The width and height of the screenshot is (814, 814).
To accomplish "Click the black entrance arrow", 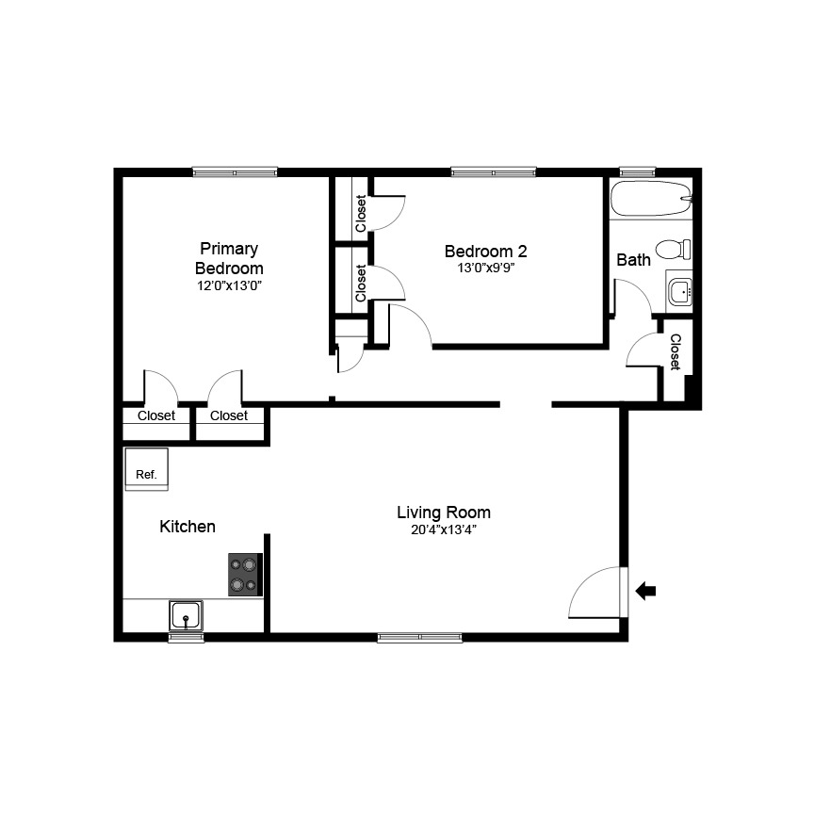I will coord(646,591).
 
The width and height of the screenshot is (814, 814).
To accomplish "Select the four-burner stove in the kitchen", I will coord(244,575).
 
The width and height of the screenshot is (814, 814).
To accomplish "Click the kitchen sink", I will coord(187,617).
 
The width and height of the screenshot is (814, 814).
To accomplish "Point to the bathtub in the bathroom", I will coord(651,200).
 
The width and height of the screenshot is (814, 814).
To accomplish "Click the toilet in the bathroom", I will coord(673,250).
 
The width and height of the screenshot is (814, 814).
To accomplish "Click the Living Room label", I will coord(443,513).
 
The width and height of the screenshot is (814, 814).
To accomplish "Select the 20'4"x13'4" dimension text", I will coord(443,529).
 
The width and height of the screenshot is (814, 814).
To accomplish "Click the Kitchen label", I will coord(187,527).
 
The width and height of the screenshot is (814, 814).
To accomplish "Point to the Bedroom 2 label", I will coord(485,252).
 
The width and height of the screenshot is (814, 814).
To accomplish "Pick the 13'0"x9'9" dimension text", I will coord(485,268).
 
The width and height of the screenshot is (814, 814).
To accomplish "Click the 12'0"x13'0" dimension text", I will coord(228,285).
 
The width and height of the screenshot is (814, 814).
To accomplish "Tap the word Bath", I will coord(633,259).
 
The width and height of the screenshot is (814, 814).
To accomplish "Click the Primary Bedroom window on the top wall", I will coord(235,171).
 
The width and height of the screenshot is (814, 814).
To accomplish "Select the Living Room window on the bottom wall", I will coord(420,638).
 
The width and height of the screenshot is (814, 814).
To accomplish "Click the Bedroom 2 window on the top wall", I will coord(494,171).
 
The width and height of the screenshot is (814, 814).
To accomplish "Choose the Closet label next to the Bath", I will coord(676,352).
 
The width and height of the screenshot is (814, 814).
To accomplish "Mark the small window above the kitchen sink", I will coord(187,638).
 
